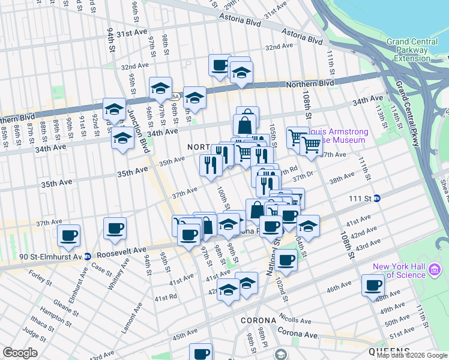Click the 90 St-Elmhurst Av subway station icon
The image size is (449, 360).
[88, 256]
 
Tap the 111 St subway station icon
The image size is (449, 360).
[377, 199]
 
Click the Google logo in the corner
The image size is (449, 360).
[20, 353]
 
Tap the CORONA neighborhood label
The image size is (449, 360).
[258, 320]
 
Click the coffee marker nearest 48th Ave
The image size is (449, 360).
[373, 286]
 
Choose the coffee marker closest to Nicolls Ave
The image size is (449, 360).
[287, 260]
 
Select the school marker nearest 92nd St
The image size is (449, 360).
[114, 109]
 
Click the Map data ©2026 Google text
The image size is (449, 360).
[411, 355]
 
